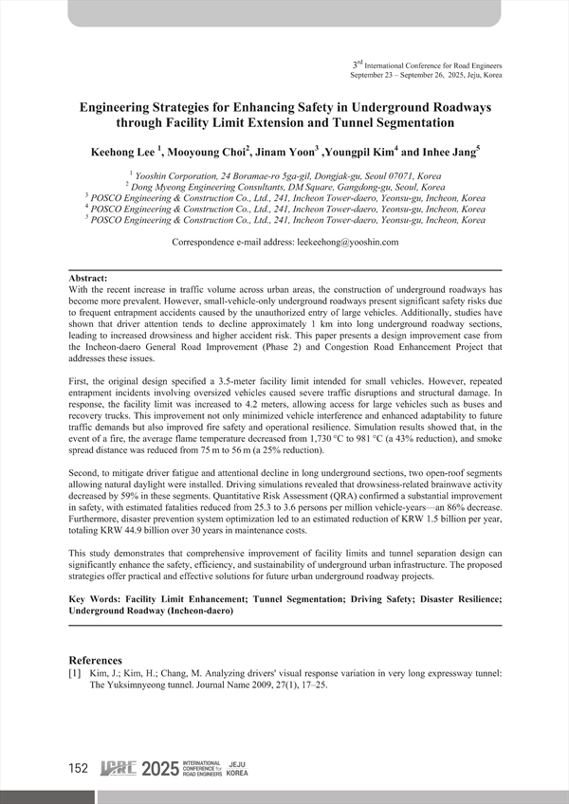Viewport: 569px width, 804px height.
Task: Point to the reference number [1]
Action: coord(77,674)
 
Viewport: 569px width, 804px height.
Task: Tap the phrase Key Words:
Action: coord(98,599)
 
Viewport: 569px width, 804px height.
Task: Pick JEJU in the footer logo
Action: coord(238,764)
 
